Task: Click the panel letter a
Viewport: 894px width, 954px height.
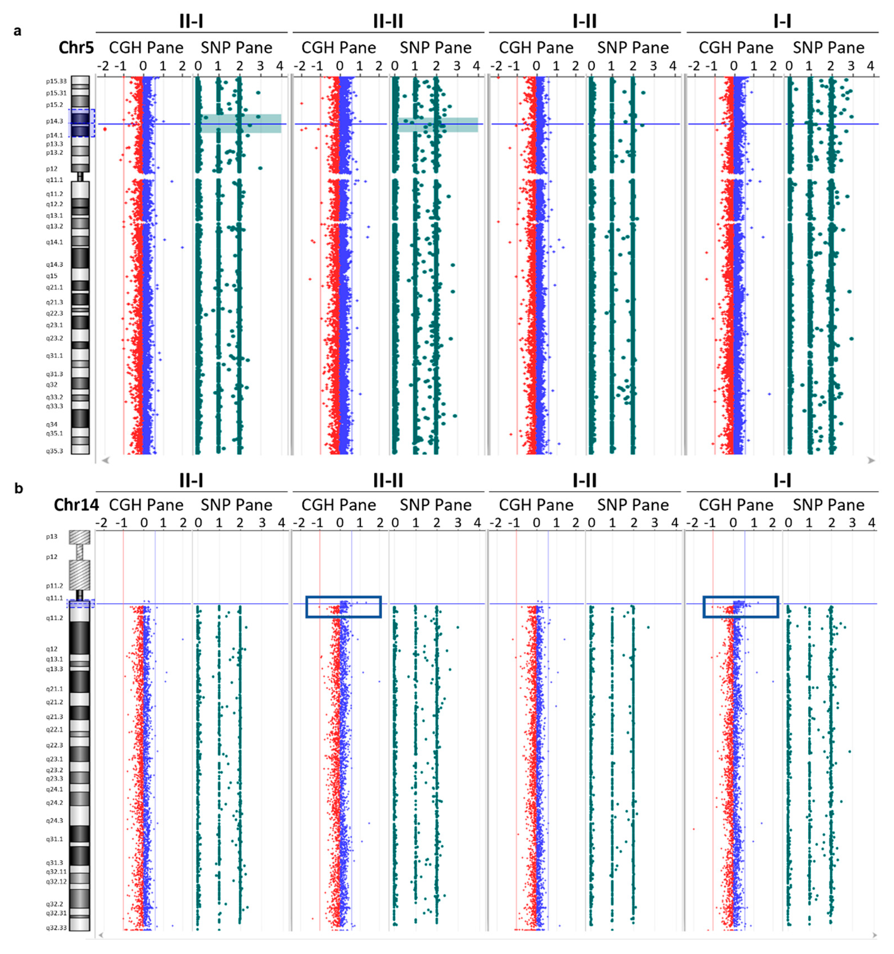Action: pos(18,31)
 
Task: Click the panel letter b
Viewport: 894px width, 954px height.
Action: pos(19,489)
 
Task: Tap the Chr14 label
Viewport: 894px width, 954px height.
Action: pos(76,505)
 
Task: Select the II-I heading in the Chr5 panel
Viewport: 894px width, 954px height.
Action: pos(191,21)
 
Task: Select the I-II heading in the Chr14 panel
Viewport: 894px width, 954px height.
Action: pos(584,480)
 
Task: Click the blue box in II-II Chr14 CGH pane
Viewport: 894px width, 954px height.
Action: pos(344,607)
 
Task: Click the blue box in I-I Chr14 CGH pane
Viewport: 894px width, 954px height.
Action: pos(740,607)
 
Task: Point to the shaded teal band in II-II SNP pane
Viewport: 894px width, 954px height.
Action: pos(438,125)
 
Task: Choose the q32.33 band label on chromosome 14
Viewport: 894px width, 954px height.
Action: pos(56,927)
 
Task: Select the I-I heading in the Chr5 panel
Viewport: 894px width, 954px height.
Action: pos(782,21)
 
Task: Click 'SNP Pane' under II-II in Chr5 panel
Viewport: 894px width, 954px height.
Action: pos(435,47)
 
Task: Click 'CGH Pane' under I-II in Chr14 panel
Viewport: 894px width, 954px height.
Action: pos(536,505)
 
